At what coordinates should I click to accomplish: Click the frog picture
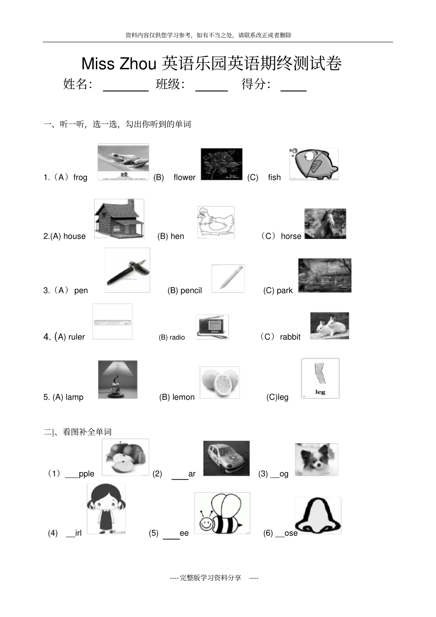click(123, 162)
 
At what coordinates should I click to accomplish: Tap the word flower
click(184, 178)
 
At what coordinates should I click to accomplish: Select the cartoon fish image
click(314, 164)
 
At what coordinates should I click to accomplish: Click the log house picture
click(119, 219)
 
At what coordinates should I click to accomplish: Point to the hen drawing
click(216, 222)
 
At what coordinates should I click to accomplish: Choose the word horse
click(291, 236)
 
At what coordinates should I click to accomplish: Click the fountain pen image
click(127, 270)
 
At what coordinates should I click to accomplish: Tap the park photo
click(324, 275)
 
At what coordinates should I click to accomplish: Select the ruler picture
click(112, 322)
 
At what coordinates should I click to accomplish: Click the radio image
click(212, 327)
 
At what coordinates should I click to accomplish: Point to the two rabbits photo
click(330, 326)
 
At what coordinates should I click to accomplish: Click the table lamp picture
click(117, 379)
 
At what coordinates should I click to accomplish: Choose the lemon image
click(219, 382)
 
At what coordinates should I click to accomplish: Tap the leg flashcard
click(320, 378)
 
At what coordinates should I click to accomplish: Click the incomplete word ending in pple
click(80, 474)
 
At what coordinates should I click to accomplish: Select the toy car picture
click(226, 458)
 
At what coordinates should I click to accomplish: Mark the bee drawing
click(222, 513)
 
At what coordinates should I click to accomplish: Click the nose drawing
click(318, 515)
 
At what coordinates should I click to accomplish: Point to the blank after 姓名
click(126, 86)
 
